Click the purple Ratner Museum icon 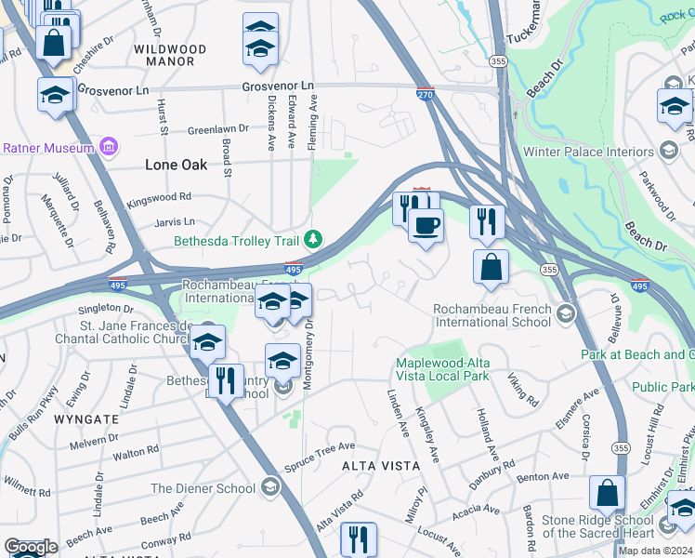pos(109,147)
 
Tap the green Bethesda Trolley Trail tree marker pos(314,240)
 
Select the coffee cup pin pos(426,226)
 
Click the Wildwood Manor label pos(170,55)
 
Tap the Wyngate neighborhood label pos(86,418)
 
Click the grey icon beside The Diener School pos(269,487)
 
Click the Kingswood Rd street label pos(159,197)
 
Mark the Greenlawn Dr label pos(218,129)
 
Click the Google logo pos(31,547)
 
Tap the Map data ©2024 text pos(655,551)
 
